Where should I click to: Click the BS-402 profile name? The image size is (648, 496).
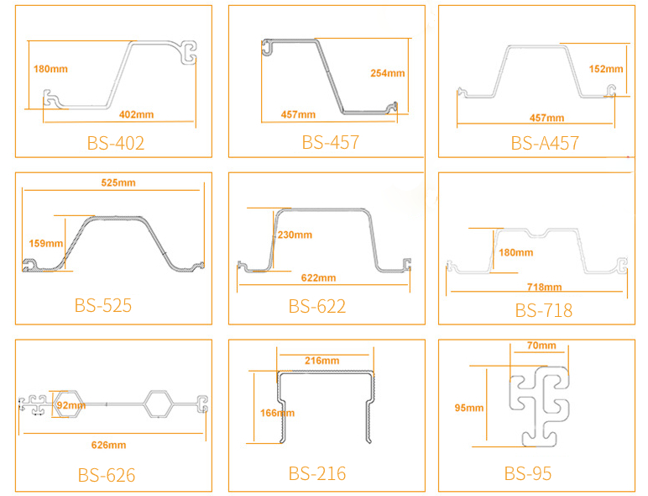[x=116, y=143]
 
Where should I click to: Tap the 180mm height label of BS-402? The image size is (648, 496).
[x=50, y=69]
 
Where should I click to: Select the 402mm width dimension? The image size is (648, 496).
[x=136, y=114]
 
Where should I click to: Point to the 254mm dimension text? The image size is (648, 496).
[x=388, y=73]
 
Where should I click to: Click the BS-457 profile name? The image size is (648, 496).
[x=331, y=142]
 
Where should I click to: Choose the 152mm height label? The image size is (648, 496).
[x=606, y=69]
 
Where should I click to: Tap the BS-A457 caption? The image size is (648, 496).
[x=545, y=143]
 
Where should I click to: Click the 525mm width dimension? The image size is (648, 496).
[x=118, y=182]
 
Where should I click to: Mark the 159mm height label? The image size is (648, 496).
[x=46, y=244]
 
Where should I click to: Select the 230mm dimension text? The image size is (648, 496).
[x=295, y=235]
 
